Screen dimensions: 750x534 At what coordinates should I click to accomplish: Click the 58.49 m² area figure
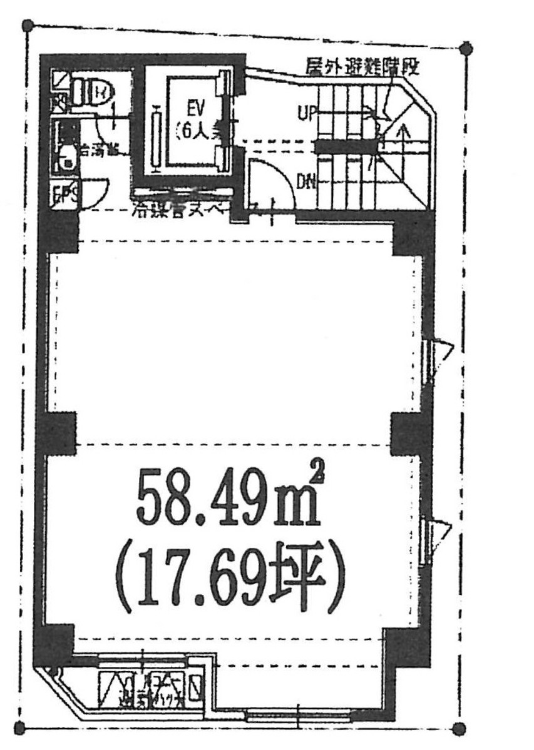tap(228, 500)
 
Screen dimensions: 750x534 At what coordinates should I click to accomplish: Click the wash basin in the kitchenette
tap(64, 160)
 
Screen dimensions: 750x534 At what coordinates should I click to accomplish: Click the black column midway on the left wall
tap(57, 433)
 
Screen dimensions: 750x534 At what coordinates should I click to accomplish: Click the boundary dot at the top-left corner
tap(28, 26)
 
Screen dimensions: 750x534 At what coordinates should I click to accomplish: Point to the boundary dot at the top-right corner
tap(466, 48)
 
